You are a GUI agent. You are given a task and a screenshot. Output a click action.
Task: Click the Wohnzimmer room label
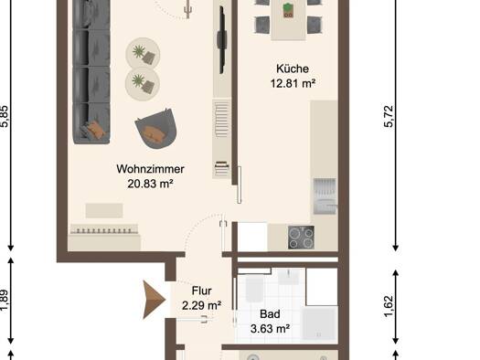[150, 169]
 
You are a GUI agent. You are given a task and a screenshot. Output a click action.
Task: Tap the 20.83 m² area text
[150, 184]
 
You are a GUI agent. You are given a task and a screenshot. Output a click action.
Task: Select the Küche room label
[293, 69]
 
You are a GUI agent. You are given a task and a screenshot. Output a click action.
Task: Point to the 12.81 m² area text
[293, 83]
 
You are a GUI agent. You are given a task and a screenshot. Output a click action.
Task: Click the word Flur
[201, 291]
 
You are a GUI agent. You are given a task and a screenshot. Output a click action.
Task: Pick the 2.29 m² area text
[202, 305]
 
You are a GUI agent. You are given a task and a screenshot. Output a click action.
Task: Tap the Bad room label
[270, 314]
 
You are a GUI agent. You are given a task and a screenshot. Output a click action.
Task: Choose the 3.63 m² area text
[270, 329]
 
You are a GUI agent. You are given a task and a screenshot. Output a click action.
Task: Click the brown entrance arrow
[154, 300]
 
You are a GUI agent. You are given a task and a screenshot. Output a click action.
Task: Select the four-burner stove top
[301, 238]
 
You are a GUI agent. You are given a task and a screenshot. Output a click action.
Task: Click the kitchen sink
[325, 196]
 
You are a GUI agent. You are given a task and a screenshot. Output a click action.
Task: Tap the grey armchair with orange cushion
[156, 129]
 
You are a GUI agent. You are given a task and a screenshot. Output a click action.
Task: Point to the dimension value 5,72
[389, 117]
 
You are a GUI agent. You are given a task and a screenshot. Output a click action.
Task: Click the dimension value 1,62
[389, 307]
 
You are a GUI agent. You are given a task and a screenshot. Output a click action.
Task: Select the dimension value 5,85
[5, 117]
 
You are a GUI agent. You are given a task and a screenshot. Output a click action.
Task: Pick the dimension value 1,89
[5, 301]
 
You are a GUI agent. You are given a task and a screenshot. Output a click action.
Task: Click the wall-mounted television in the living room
[222, 40]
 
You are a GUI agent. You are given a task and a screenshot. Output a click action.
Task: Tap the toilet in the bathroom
[255, 289]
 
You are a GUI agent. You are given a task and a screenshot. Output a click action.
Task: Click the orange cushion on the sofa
[95, 130]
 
